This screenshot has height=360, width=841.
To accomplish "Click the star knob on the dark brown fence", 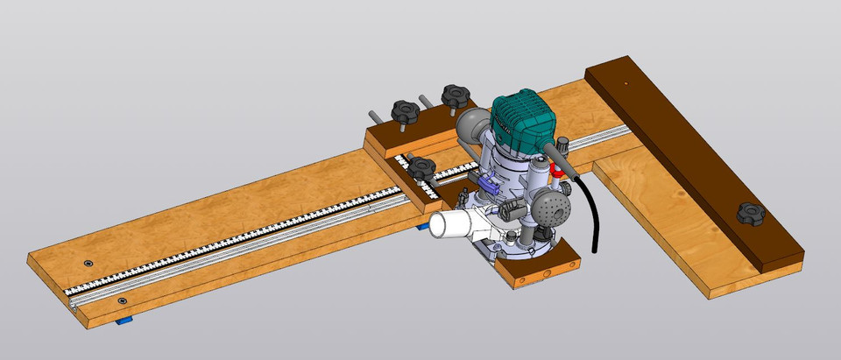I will tap(751, 212).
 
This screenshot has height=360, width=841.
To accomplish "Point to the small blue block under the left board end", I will tap(126, 321).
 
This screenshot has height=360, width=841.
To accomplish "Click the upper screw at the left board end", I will tap(88, 263).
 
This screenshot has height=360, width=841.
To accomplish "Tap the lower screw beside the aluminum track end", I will tap(121, 300).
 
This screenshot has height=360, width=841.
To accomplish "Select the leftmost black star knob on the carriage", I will tap(406, 111).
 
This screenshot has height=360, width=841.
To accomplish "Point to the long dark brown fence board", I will tap(692, 158).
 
